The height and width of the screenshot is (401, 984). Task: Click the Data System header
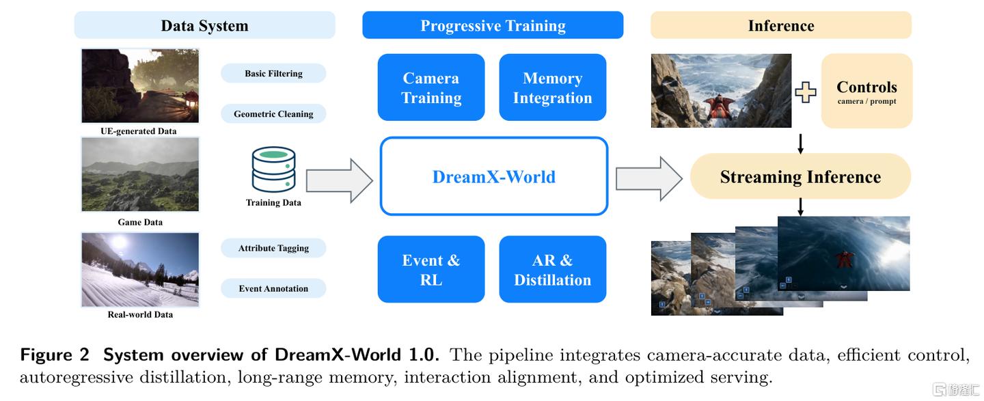coord(205,25)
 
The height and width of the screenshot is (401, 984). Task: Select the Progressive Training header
coord(493,25)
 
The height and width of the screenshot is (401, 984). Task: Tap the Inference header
coord(780,25)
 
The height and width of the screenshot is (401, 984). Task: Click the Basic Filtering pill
coord(273,73)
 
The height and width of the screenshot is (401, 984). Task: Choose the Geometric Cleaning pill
coord(273,114)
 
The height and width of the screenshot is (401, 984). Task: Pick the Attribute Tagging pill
coord(273,248)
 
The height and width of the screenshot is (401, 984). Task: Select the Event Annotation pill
coord(273,288)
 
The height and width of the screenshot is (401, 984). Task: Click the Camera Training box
coord(431,87)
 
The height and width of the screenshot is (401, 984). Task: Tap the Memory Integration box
coord(553,87)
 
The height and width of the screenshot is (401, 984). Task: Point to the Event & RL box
coord(431,269)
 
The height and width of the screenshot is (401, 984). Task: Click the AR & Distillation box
coord(553,269)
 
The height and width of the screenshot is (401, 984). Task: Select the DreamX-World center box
coord(494,176)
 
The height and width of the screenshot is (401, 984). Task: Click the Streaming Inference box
coord(800,176)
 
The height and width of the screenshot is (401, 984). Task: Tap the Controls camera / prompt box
coord(866,91)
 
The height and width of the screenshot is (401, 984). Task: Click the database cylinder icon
coord(273,169)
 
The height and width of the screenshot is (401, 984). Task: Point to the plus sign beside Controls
coord(806,92)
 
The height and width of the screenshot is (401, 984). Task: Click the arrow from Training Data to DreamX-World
coord(340,180)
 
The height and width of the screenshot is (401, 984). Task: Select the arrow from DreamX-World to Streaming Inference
coord(649,179)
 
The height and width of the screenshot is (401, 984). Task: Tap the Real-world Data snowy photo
coord(140,270)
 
